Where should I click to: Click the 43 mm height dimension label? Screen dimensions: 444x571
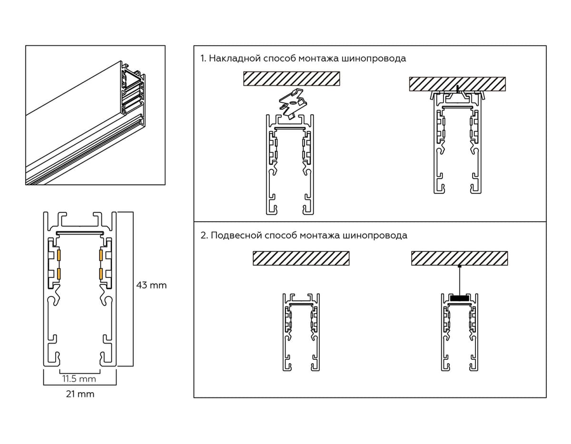pyautogui.click(x=151, y=286)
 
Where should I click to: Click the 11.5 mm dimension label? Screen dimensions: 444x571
pyautogui.click(x=79, y=379)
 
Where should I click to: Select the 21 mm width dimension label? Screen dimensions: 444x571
pyautogui.click(x=80, y=394)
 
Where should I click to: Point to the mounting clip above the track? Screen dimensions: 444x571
pyautogui.click(x=292, y=102)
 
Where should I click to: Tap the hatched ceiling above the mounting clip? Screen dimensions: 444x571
pyautogui.click(x=292, y=79)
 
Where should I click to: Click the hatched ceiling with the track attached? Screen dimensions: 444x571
pyautogui.click(x=457, y=84)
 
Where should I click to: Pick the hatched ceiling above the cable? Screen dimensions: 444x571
pyautogui.click(x=460, y=258)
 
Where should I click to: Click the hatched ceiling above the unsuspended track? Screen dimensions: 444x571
pyautogui.click(x=301, y=258)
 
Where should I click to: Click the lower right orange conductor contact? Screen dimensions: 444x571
pyautogui.click(x=101, y=274)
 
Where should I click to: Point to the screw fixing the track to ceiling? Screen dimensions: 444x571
pyautogui.click(x=457, y=89)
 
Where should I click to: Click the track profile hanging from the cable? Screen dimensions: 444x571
pyautogui.click(x=460, y=333)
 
